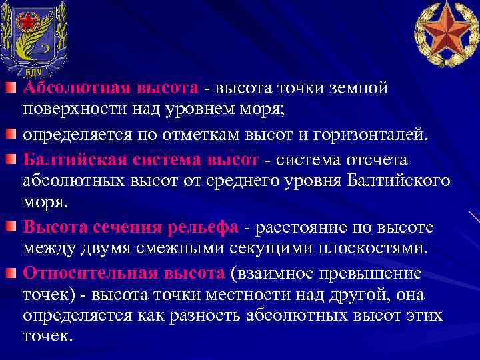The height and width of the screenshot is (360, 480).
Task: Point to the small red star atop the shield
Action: (26, 21)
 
